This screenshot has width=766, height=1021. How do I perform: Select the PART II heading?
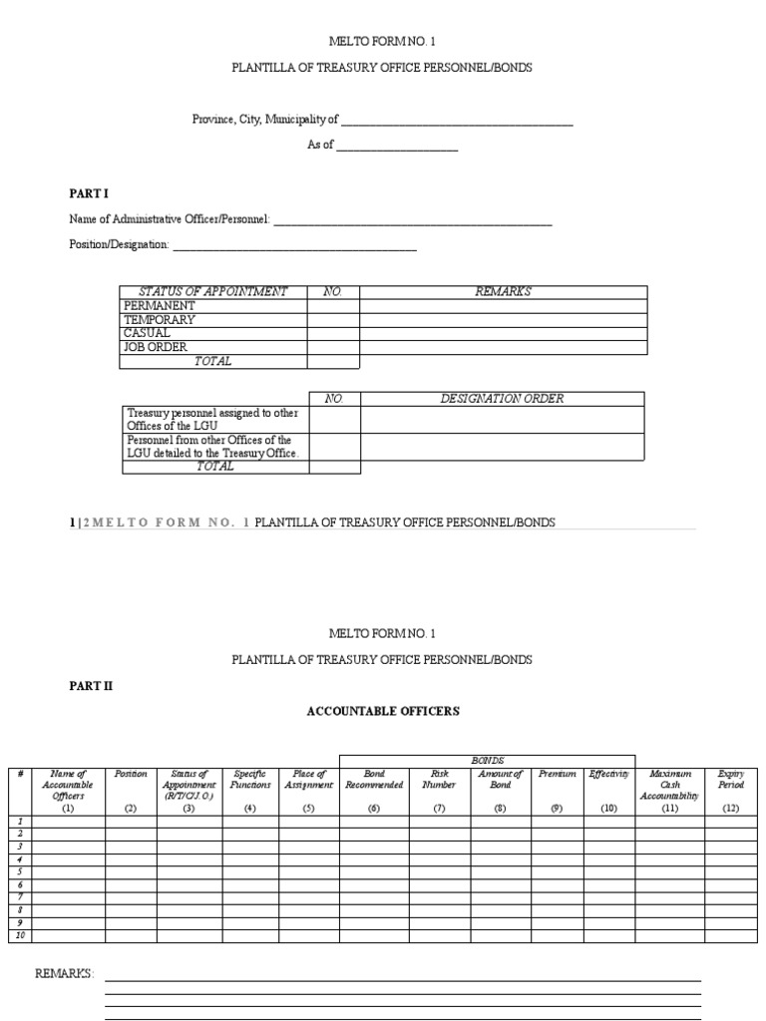[x=91, y=686]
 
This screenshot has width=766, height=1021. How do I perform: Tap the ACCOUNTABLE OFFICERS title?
[x=382, y=712]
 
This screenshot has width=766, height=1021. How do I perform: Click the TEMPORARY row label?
[x=159, y=320]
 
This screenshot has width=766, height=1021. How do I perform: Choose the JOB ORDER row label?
[x=155, y=348]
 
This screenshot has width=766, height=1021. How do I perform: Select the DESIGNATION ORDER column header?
[x=502, y=399]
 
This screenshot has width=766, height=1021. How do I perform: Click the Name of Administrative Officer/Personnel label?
[x=170, y=219]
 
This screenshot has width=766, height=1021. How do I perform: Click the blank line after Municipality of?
[x=457, y=123]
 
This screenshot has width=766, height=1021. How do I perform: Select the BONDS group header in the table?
[x=488, y=761]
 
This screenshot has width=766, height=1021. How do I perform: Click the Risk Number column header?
[x=439, y=779]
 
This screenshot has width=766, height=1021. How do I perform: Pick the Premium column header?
[x=557, y=774]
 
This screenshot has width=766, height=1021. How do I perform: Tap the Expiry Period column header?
[x=730, y=779]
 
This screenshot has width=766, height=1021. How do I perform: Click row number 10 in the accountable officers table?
[x=19, y=936]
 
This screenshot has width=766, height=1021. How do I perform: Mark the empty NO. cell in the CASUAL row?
[x=333, y=334]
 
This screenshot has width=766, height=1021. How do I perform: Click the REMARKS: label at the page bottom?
[x=65, y=973]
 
